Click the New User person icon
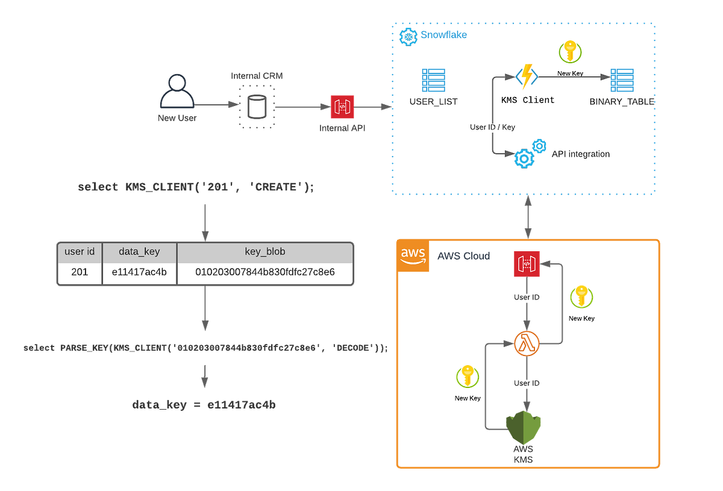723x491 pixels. click(177, 93)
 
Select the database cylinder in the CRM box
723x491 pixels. click(257, 106)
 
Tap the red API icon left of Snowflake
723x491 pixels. click(342, 107)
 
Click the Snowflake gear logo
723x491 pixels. click(408, 36)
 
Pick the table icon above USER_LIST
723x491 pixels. click(433, 80)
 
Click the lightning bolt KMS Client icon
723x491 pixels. click(527, 77)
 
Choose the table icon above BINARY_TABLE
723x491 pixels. click(622, 80)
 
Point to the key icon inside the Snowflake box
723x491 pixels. click(570, 52)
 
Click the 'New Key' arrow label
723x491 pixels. click(570, 73)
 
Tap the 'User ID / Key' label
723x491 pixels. click(492, 127)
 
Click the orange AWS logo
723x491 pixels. click(413, 255)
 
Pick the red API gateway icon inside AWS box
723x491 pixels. click(527, 264)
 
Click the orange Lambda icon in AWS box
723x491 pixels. click(527, 344)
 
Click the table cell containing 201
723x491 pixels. click(80, 272)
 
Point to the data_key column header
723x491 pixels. click(139, 252)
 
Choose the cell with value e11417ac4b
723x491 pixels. click(139, 272)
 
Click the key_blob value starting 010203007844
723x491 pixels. click(264, 272)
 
